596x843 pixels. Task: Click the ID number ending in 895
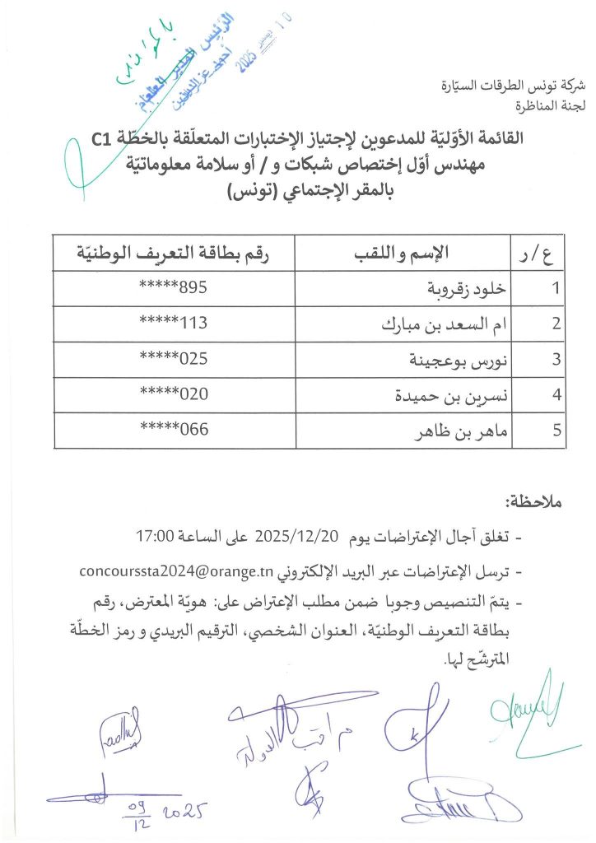(173, 288)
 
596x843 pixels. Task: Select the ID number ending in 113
(173, 324)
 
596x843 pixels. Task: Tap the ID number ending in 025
(173, 359)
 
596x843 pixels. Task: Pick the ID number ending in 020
(173, 394)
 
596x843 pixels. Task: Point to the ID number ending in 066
(173, 430)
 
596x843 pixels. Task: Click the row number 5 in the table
(557, 431)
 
